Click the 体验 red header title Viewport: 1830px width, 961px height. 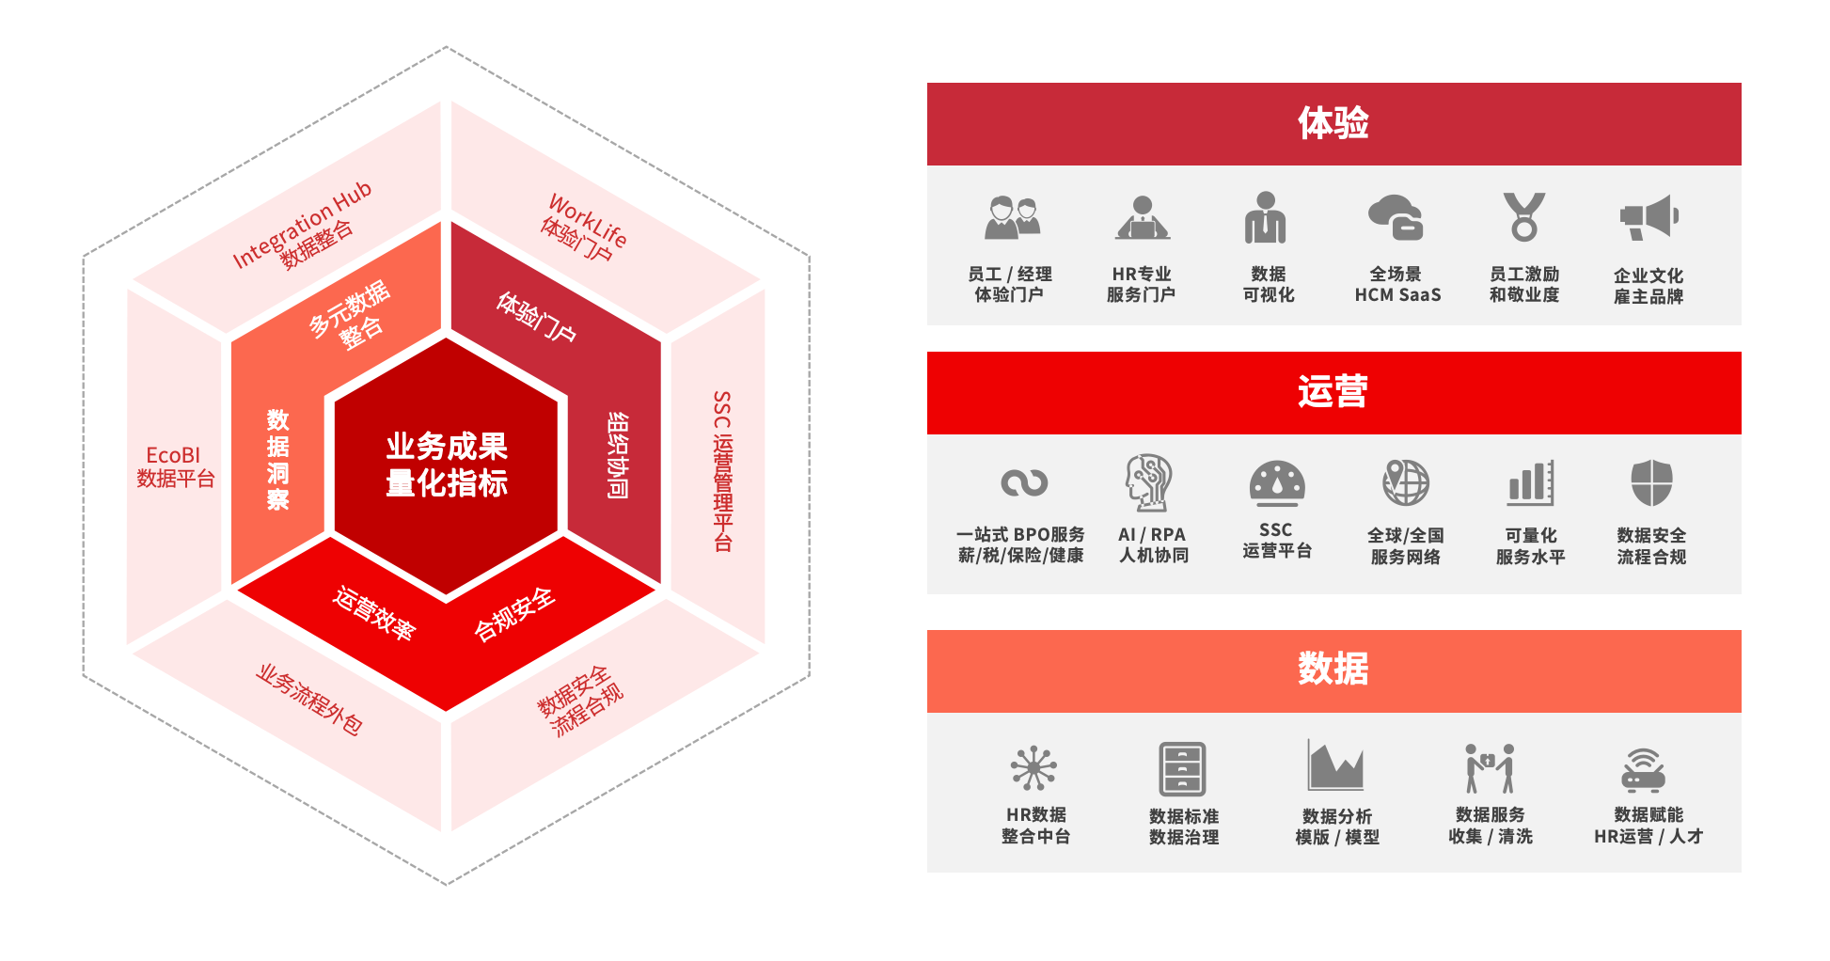(x=1333, y=123)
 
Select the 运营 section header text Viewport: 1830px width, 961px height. (x=1333, y=392)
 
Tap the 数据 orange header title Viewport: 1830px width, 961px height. (x=1333, y=669)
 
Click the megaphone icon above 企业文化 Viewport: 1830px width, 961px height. (x=1649, y=217)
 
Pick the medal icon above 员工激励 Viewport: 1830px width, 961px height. (x=1523, y=217)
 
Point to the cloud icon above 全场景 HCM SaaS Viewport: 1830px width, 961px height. (x=1396, y=217)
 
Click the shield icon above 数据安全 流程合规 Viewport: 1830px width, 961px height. (x=1651, y=483)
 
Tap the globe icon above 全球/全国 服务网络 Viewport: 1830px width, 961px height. (x=1405, y=483)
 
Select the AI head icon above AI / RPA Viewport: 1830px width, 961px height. (x=1149, y=482)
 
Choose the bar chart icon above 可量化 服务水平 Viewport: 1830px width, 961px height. (x=1530, y=483)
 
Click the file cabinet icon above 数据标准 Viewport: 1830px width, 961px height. (x=1182, y=769)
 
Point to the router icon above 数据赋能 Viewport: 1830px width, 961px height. (x=1644, y=771)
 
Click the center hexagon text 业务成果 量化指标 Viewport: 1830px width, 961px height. (x=447, y=465)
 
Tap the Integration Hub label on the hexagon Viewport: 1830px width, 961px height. (x=303, y=224)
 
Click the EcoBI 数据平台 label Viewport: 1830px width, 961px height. (x=175, y=467)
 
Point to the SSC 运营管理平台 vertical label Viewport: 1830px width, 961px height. (x=722, y=470)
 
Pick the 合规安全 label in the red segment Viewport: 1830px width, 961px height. (x=514, y=615)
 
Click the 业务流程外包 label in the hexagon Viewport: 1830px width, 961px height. (x=309, y=700)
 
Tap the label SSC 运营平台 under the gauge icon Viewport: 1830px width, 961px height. (x=1276, y=541)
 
